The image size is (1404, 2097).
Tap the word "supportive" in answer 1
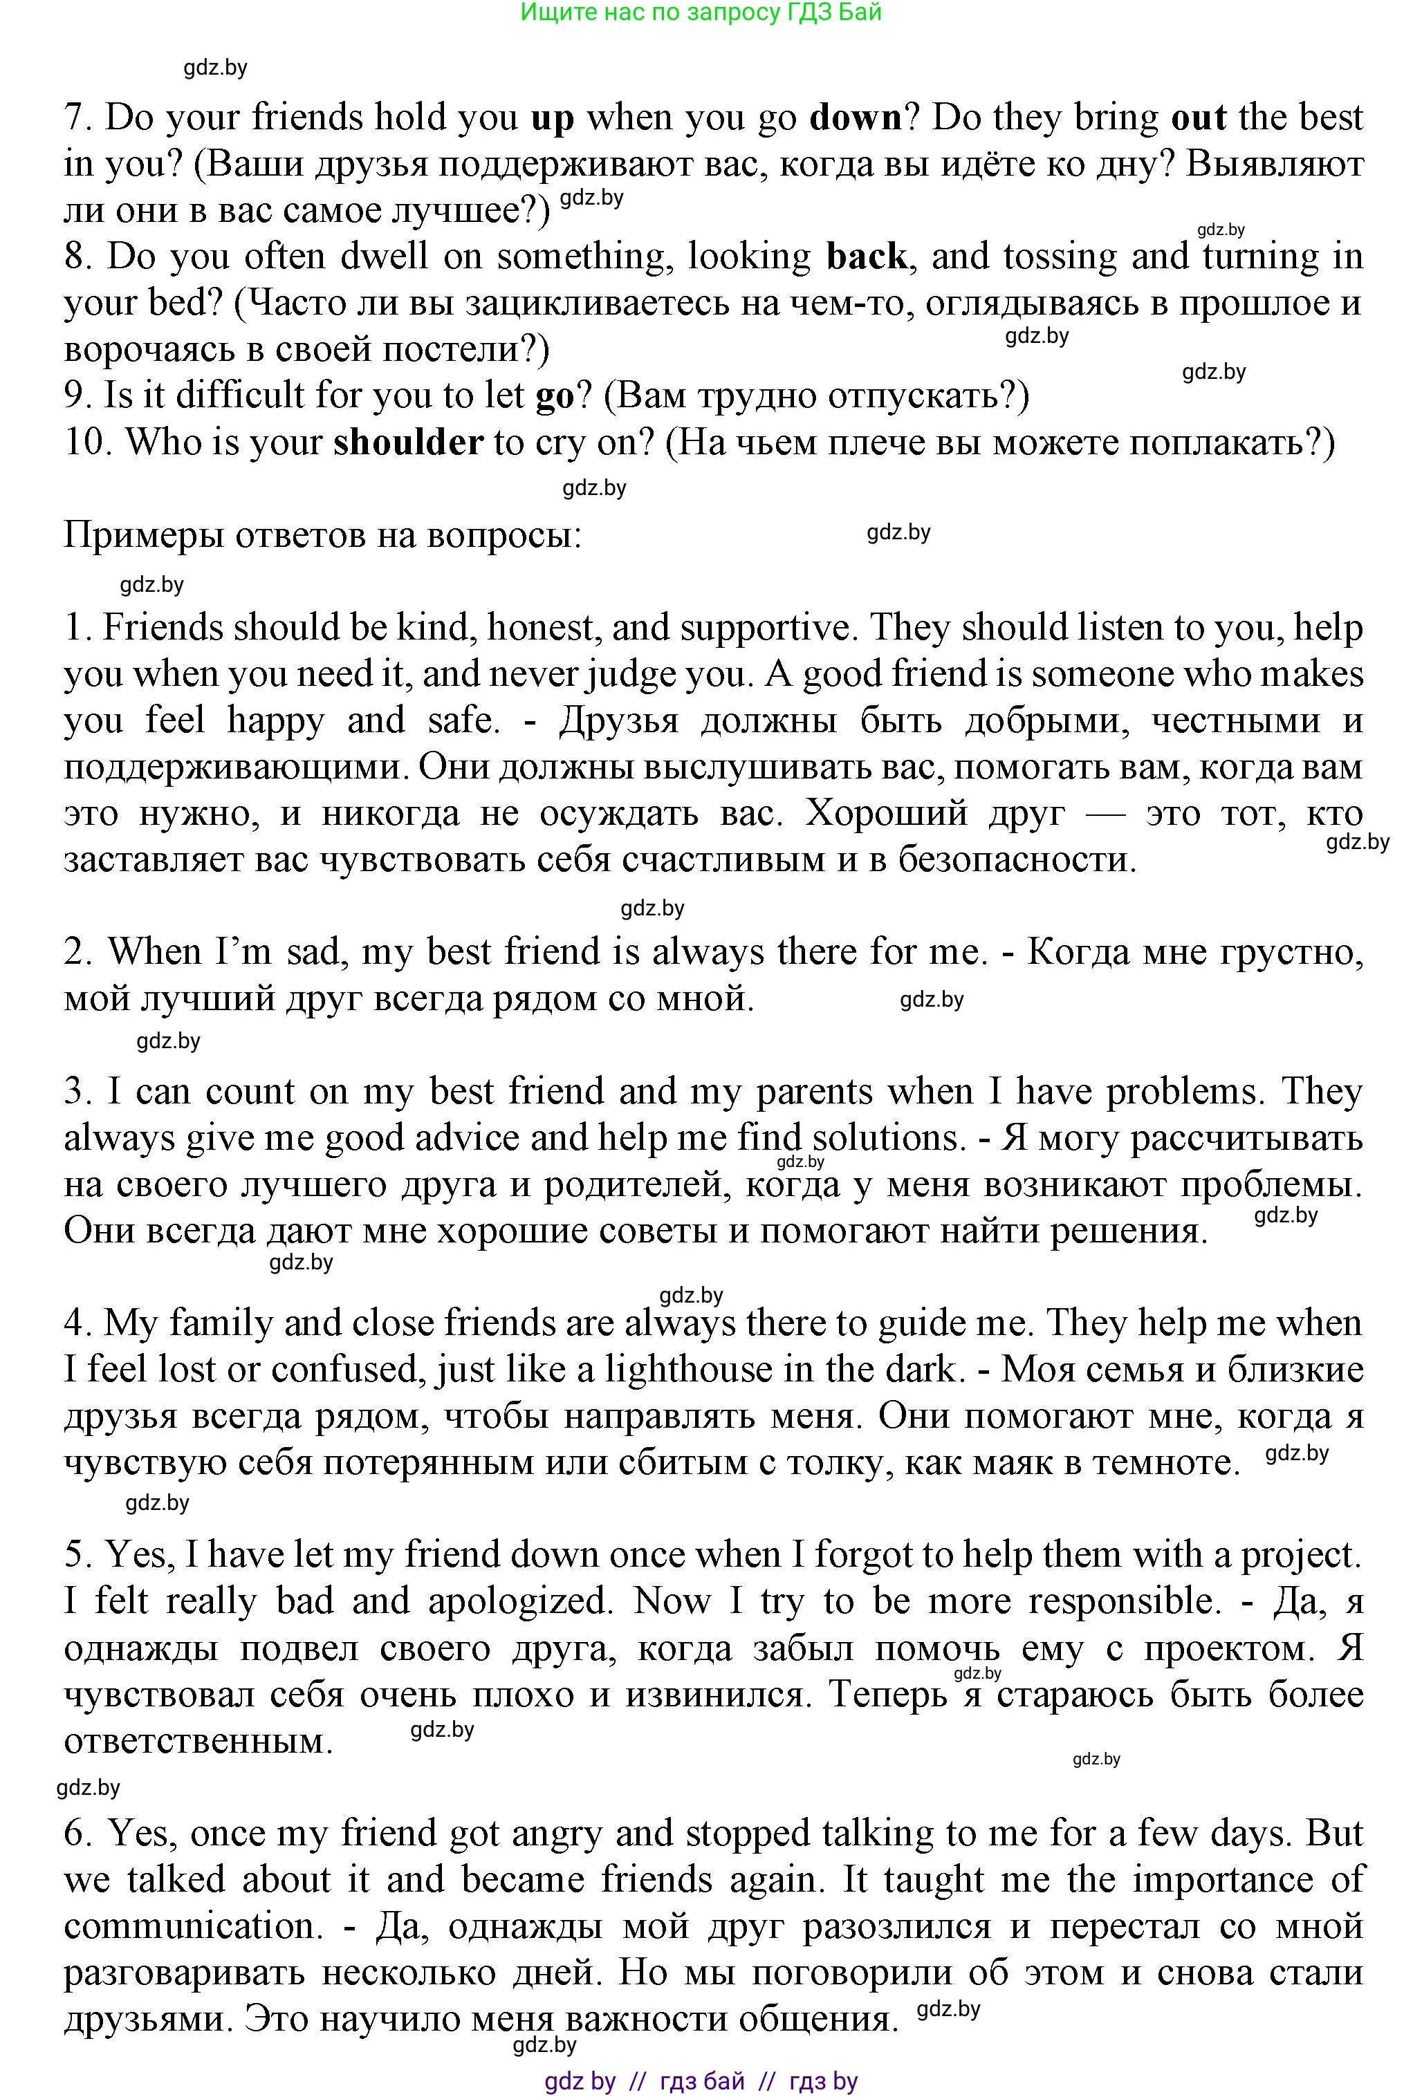(x=764, y=629)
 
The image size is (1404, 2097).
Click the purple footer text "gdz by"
(x=580, y=2082)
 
